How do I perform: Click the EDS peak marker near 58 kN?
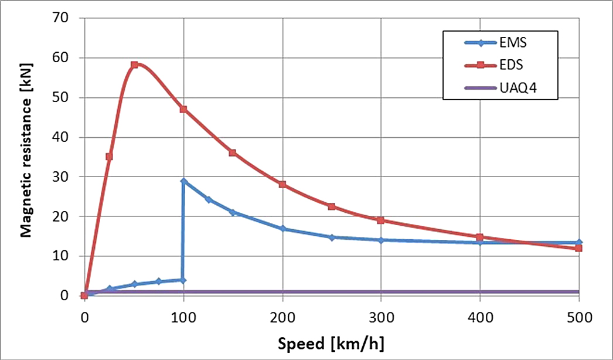pyautogui.click(x=134, y=64)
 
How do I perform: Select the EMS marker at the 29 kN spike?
pyautogui.click(x=184, y=181)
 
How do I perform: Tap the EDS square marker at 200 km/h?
pyautogui.click(x=282, y=184)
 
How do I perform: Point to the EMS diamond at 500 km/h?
pyautogui.click(x=579, y=242)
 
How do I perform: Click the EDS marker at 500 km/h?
pyautogui.click(x=579, y=248)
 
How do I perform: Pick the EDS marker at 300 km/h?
pyautogui.click(x=381, y=220)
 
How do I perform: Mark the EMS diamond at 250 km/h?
pyautogui.click(x=332, y=237)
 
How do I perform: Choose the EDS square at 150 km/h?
pyautogui.click(x=233, y=152)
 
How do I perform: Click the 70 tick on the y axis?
pyautogui.click(x=62, y=18)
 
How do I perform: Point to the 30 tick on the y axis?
pyautogui.click(x=62, y=176)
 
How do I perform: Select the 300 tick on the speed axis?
pyautogui.click(x=381, y=318)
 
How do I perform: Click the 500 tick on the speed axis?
pyautogui.click(x=579, y=318)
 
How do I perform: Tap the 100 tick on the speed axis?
pyautogui.click(x=183, y=318)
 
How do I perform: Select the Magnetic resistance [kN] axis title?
pyautogui.click(x=26, y=157)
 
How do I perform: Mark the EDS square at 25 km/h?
pyautogui.click(x=109, y=157)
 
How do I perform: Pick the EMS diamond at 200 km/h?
pyautogui.click(x=282, y=229)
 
